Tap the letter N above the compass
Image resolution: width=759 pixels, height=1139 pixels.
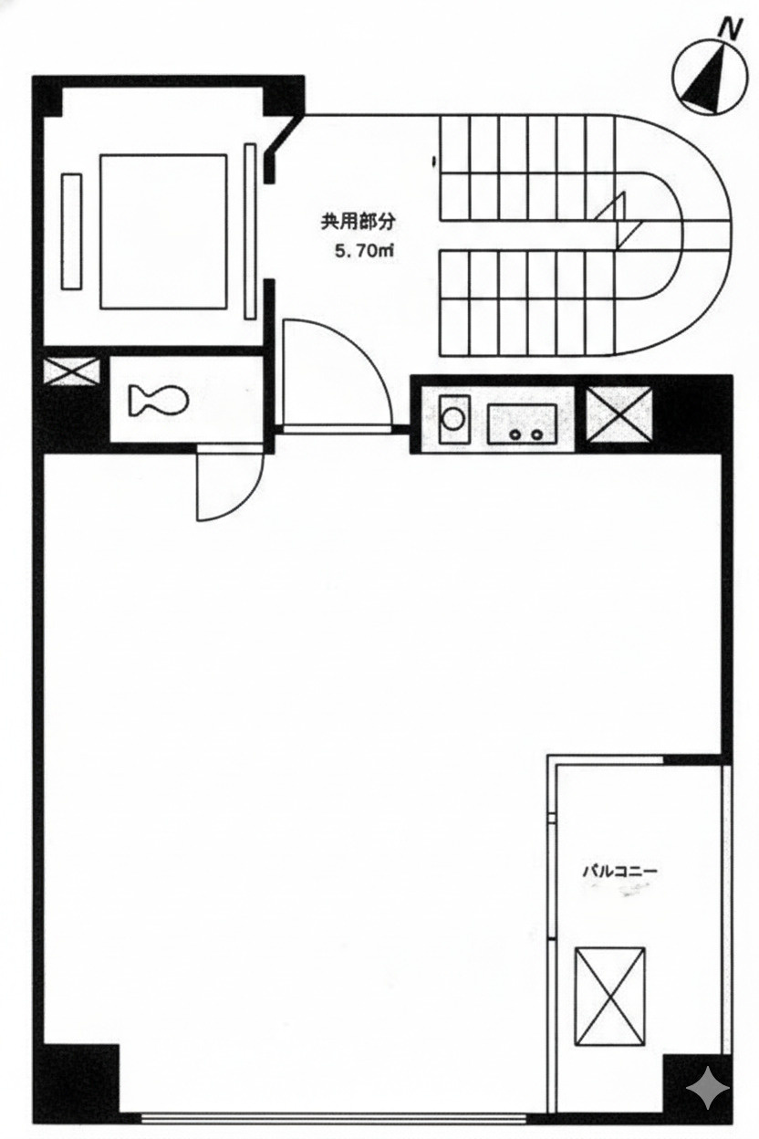(x=728, y=28)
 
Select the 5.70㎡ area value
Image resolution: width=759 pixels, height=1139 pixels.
(x=362, y=251)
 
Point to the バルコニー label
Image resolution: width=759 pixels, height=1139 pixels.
(x=620, y=871)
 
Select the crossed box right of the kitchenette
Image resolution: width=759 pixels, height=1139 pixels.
(x=619, y=415)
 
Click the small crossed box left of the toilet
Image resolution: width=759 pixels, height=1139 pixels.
(x=71, y=371)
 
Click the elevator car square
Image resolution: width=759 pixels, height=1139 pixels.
(x=162, y=231)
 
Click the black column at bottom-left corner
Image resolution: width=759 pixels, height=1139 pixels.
(x=77, y=1076)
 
